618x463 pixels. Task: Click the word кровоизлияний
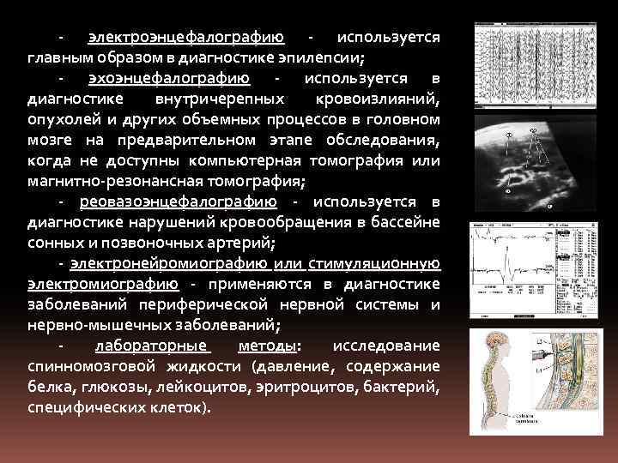[379, 99]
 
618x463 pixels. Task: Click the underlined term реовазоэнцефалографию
[178, 202]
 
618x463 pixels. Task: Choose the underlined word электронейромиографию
[167, 264]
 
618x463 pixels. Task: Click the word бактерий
[407, 387]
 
